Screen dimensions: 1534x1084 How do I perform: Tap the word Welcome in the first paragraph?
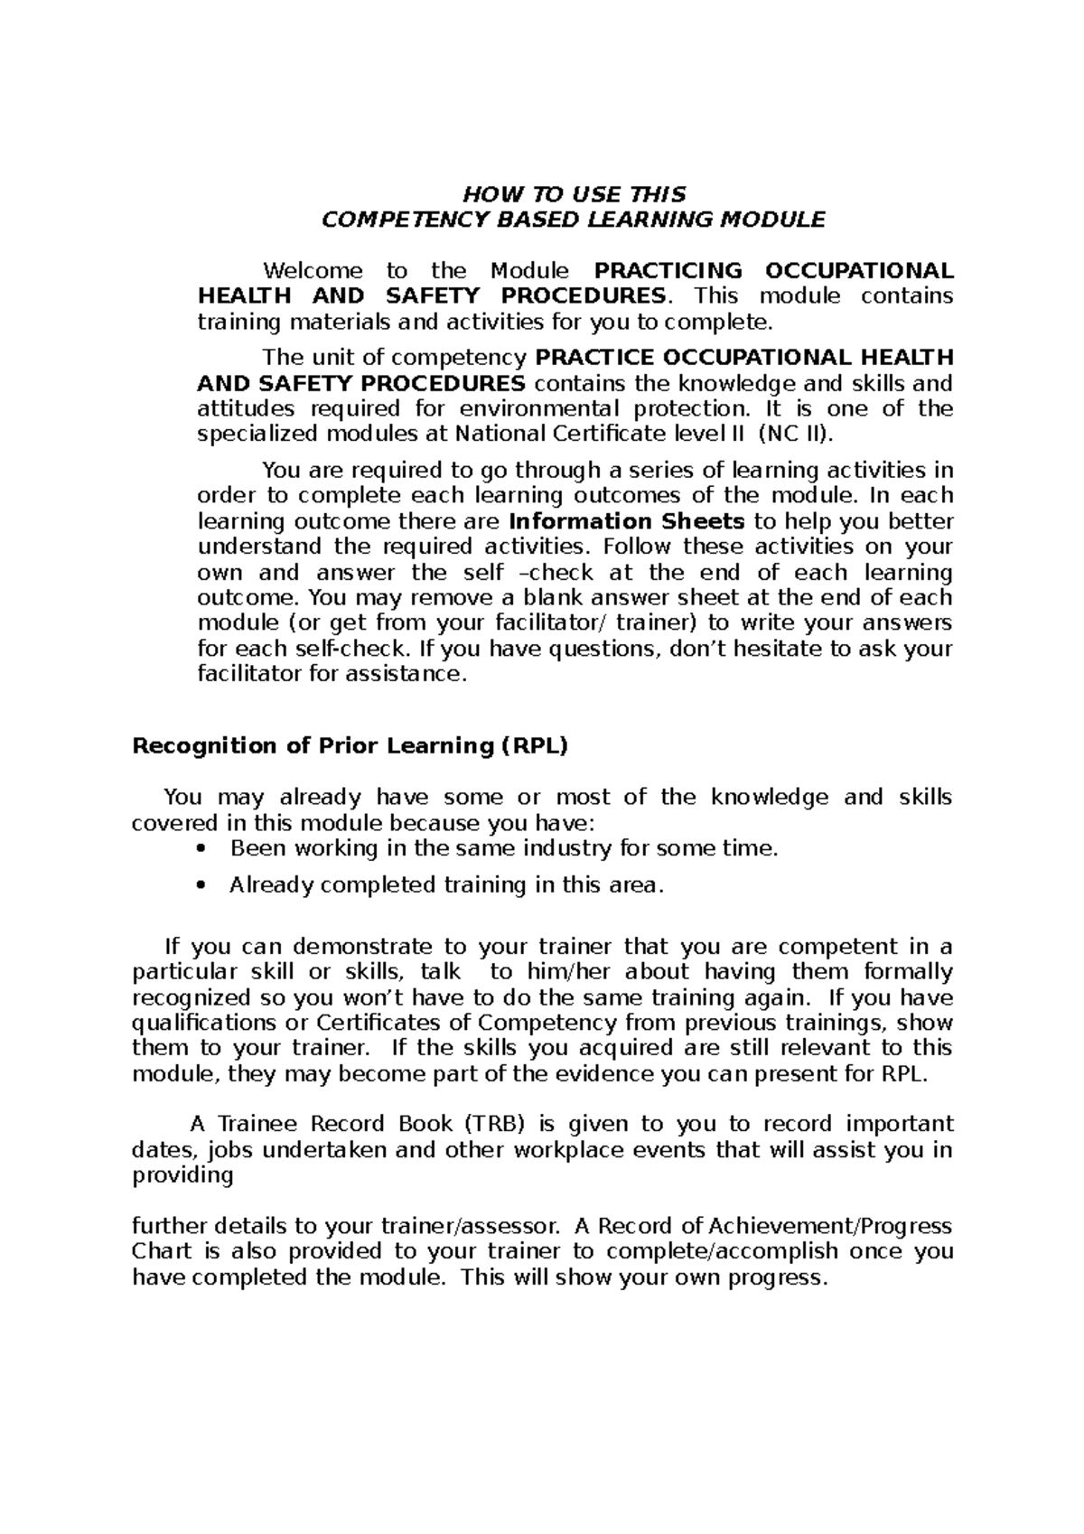[x=313, y=271]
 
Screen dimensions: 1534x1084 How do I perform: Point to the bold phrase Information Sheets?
[x=627, y=521]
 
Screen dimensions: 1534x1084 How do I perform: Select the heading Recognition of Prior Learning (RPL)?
[x=350, y=746]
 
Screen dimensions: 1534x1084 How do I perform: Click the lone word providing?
[x=182, y=1175]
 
